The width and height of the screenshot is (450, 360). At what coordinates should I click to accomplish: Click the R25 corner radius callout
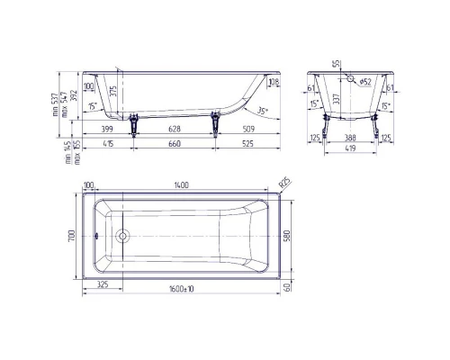point(283,183)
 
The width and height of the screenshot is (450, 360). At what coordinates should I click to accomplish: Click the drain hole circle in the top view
point(122,238)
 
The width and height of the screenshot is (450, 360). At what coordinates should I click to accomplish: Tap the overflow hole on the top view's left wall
point(96,238)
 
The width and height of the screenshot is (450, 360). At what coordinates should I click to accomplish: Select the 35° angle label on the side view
point(261,111)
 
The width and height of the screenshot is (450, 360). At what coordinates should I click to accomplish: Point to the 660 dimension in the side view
point(175,144)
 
